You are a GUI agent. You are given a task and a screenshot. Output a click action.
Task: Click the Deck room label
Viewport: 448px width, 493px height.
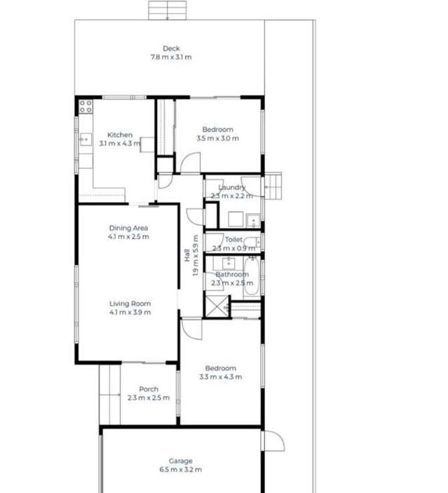click(171, 48)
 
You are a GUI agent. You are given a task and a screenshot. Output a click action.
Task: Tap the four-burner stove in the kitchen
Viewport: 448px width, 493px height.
click(85, 107)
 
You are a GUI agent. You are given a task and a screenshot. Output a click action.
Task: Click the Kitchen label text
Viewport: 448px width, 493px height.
click(119, 135)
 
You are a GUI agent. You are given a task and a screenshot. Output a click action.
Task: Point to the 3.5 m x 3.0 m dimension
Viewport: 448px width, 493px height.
click(217, 139)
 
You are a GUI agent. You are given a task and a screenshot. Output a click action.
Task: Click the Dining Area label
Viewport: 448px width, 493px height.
click(128, 228)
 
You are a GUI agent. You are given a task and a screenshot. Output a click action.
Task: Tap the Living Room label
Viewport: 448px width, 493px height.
click(130, 304)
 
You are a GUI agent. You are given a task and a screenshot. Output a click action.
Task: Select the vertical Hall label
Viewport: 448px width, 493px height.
click(187, 257)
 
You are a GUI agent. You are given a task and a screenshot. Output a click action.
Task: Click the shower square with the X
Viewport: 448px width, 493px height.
click(216, 306)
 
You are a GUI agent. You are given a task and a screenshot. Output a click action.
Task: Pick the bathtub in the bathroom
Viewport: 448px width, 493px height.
click(252, 276)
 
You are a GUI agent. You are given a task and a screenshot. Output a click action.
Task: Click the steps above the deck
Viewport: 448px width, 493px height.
click(168, 11)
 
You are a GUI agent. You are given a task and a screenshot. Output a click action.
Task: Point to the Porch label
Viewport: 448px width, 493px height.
click(149, 389)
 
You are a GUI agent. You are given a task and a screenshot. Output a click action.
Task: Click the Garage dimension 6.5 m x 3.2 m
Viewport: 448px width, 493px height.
click(180, 470)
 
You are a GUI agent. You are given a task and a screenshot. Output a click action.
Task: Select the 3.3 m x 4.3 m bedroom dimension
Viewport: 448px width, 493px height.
click(220, 377)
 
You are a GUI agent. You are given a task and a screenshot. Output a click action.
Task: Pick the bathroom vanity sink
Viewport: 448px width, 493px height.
click(227, 264)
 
